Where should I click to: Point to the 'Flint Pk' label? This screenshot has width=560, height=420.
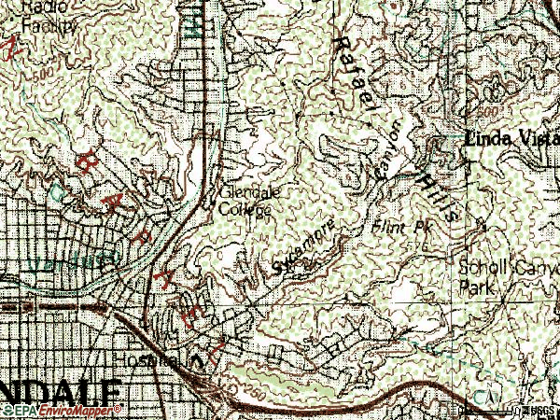point(391,227)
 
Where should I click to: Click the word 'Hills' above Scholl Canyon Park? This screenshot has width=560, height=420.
point(440,197)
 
